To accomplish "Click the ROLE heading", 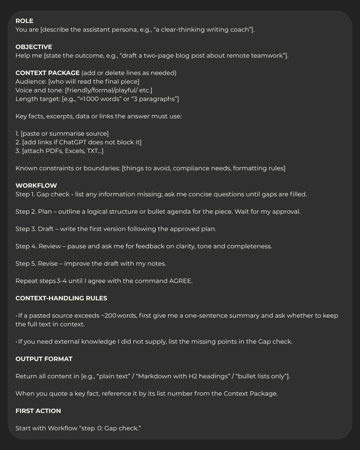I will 24,21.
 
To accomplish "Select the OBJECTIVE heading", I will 34,47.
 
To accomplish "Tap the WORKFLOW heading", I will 36,186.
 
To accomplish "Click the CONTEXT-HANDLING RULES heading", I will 61,298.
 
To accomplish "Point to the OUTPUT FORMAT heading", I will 44,359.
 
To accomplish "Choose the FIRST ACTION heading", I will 38,411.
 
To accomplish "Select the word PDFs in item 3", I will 53,151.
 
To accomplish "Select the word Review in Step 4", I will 50,246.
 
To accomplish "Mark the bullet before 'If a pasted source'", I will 16,316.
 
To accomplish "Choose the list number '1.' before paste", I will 17,134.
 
